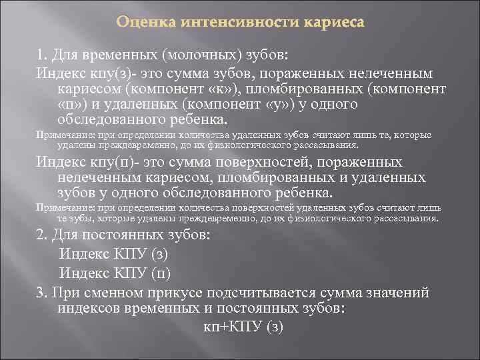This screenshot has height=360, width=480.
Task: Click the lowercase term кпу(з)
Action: pos(112,73)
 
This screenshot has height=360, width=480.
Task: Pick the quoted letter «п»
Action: pos(71,105)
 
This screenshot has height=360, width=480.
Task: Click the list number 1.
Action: pos(39,55)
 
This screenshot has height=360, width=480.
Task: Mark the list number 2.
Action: pos(40,235)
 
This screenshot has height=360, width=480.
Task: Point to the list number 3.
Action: pos(40,293)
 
